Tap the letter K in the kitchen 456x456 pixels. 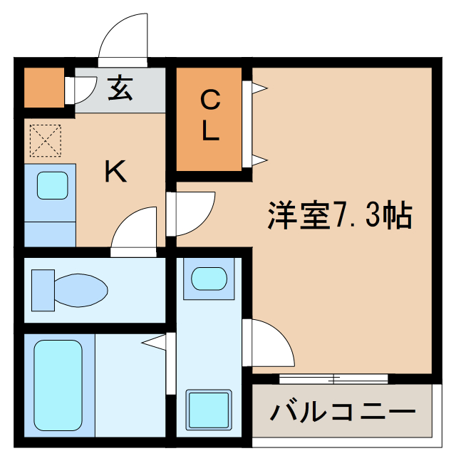[115, 172]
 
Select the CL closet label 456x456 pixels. [209, 117]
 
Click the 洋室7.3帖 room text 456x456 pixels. [339, 214]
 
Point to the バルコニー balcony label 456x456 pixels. [342, 411]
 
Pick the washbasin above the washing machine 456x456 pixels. [208, 277]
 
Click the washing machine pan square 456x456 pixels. [208, 410]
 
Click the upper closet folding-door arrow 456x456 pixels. [258, 88]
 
